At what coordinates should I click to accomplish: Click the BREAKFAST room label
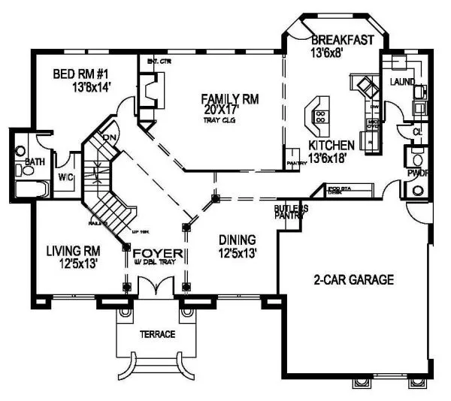coord(341,40)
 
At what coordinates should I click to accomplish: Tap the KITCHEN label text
coord(331,145)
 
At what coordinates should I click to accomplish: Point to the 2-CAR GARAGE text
coord(353,280)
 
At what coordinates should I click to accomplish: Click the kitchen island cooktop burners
coord(319,116)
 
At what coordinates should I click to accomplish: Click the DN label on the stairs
coord(108,137)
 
